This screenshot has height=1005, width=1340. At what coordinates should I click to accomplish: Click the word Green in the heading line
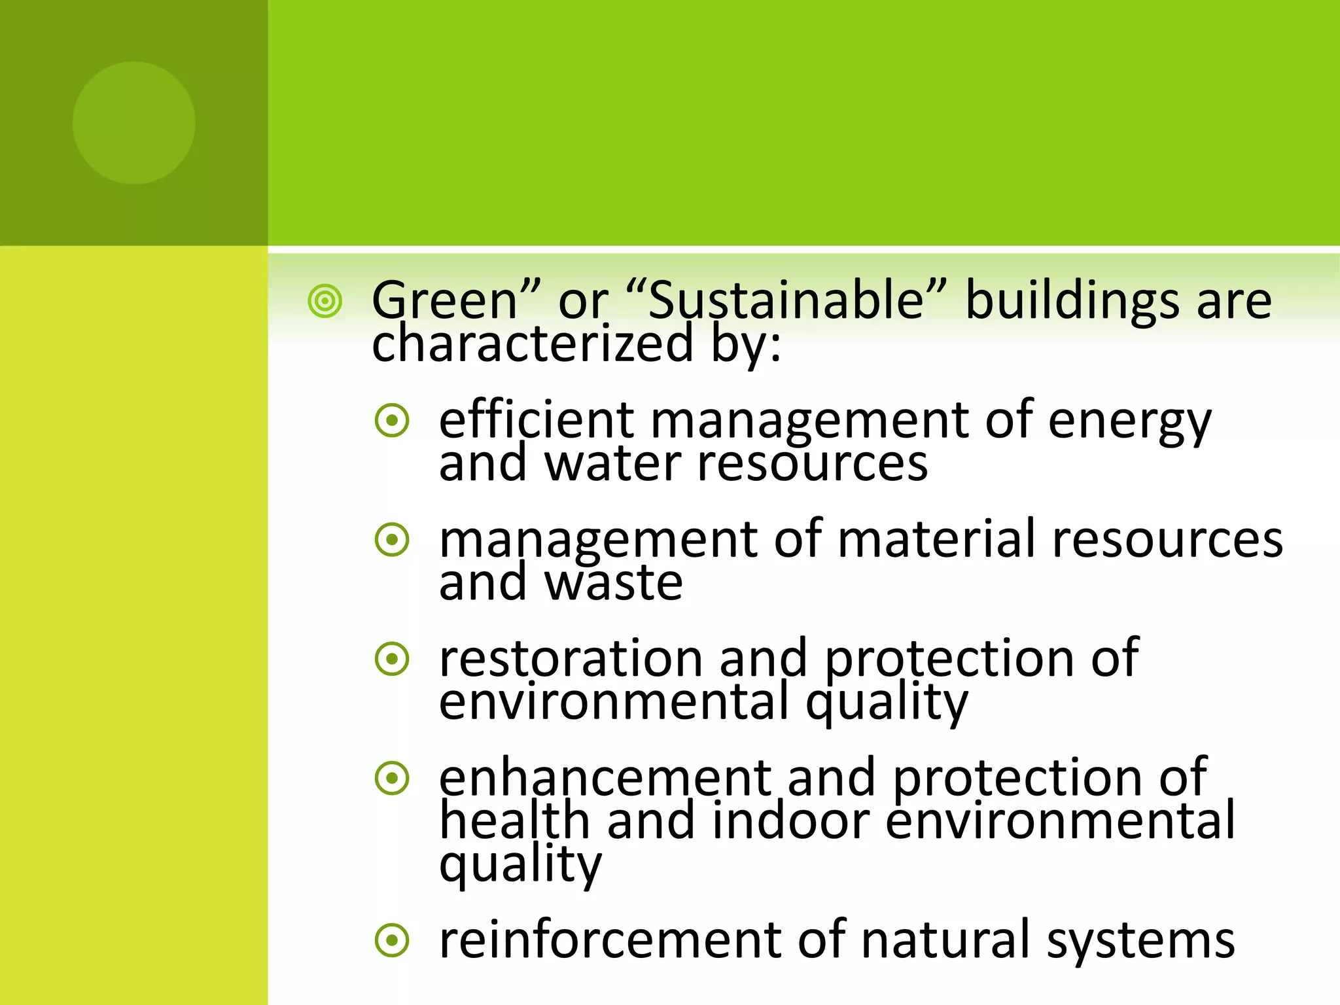coord(445,300)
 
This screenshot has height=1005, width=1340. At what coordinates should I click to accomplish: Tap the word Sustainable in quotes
coord(785,300)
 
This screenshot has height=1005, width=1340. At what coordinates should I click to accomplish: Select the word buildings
coord(1073,300)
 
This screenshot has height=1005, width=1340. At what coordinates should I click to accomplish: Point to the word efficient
coord(537,420)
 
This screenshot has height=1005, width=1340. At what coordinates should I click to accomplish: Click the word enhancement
coord(605,777)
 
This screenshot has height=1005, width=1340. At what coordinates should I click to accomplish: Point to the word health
coord(514,820)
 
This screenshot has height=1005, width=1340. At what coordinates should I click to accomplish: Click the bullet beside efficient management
coord(393,421)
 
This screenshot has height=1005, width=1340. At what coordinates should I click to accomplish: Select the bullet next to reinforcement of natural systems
coord(393,941)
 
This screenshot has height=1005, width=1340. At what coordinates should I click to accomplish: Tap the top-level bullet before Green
coord(325,302)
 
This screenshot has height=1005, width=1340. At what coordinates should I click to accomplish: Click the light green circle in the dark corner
coord(133,123)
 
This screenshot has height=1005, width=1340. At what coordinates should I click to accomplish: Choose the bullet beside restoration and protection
coord(393,660)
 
